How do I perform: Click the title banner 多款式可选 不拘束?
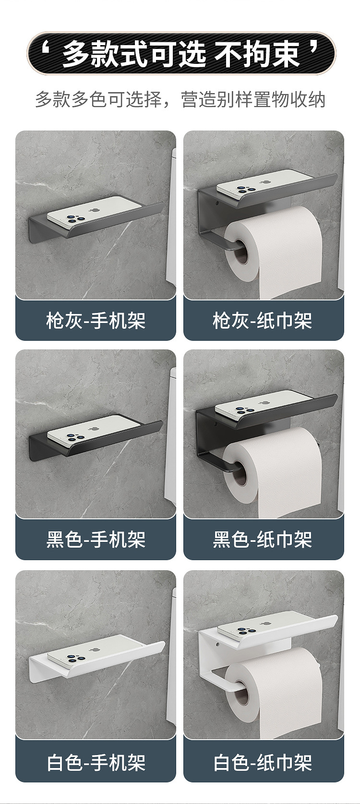click(x=180, y=53)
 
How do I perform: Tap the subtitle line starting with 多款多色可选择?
click(x=180, y=100)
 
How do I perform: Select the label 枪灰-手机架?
click(x=96, y=321)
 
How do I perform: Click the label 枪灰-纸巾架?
click(x=263, y=321)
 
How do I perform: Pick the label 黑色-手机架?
click(x=96, y=540)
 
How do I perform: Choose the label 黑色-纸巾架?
click(x=263, y=540)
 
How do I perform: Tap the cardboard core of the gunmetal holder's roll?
click(x=241, y=254)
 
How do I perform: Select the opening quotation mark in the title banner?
click(x=47, y=49)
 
